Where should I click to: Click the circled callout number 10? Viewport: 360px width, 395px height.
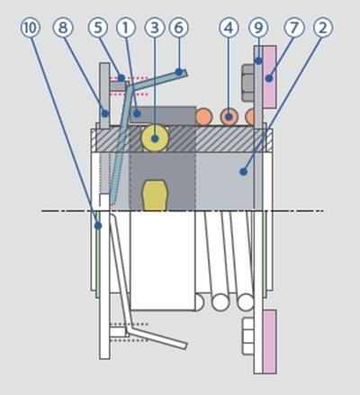30,28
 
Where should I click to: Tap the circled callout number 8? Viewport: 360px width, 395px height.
63,28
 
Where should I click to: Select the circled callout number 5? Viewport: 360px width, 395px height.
98,28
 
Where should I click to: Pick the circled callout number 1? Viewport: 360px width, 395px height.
126,28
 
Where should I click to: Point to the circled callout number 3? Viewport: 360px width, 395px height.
155,28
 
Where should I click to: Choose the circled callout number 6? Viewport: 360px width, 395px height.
179,28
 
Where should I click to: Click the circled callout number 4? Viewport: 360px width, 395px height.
229,28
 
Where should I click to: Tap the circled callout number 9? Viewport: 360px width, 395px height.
258,28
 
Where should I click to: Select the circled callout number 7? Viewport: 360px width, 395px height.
294,28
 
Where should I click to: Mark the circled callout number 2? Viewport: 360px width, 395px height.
323,28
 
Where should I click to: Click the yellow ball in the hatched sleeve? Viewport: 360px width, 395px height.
155,139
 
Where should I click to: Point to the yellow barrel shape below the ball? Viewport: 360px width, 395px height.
155,195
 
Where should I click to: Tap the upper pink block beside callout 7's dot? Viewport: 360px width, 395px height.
269,76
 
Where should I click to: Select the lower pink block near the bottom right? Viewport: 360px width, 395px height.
269,342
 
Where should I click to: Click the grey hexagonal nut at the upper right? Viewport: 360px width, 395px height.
248,83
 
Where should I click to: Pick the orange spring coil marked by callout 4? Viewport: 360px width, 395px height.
229,116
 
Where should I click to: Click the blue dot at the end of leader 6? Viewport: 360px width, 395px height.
179,72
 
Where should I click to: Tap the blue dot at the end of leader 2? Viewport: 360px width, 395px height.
243,172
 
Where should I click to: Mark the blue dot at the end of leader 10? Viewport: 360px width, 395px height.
98,226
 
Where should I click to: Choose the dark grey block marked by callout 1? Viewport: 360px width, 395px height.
163,115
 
